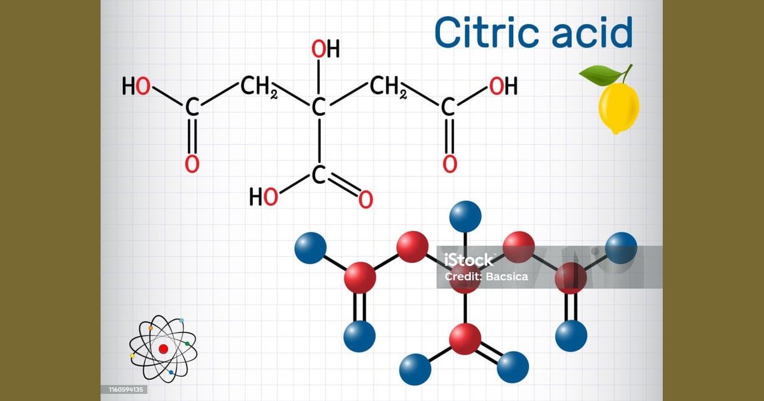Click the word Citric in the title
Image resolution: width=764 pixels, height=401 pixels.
tap(486, 32)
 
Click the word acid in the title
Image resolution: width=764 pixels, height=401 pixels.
tap(593, 32)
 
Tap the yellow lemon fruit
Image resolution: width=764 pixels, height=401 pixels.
tap(619, 108)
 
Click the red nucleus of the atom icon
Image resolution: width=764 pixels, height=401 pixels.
tap(164, 349)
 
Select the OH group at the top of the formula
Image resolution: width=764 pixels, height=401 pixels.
tap(326, 49)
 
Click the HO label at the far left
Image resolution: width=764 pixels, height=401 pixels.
tap(136, 86)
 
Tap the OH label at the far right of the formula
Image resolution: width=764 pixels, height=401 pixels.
tap(504, 86)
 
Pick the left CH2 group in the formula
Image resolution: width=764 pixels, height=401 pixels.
tap(259, 87)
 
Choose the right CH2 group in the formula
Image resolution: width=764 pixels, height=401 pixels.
tap(388, 87)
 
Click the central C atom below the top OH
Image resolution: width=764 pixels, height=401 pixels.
tap(318, 107)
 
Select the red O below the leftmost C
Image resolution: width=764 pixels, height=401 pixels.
tap(192, 164)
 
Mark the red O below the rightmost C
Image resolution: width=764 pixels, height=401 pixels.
tap(450, 164)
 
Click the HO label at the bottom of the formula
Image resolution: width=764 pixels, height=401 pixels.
tap(264, 197)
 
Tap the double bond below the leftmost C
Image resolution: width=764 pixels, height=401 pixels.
tap(192, 136)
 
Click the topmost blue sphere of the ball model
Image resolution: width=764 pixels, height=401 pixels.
tap(465, 216)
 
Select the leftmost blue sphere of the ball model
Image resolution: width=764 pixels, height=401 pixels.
tap(311, 248)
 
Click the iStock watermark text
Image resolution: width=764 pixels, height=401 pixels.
tap(469, 260)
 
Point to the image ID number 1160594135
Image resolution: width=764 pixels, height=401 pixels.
tap(126, 390)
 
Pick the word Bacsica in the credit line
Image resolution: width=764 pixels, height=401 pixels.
tap(507, 276)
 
